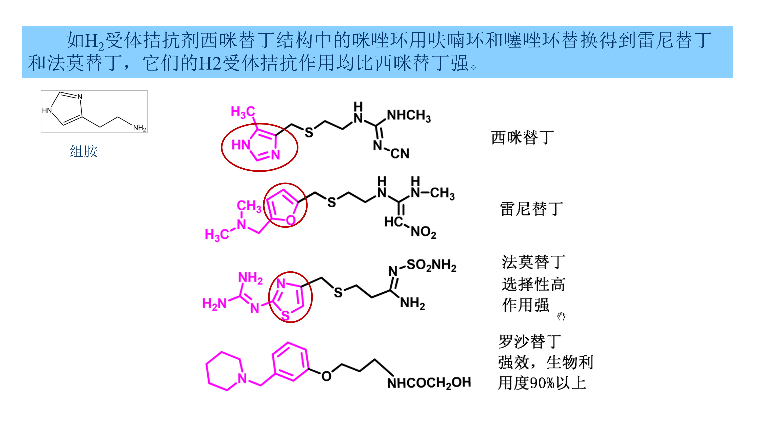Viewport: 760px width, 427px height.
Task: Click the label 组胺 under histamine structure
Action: point(84,151)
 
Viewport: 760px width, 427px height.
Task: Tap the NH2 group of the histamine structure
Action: point(139,128)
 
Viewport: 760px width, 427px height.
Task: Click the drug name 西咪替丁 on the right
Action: point(522,138)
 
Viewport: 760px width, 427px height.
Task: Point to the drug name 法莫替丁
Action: point(533,262)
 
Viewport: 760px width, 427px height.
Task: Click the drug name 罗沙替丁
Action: point(530,342)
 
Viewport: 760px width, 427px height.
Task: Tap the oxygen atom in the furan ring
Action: point(291,220)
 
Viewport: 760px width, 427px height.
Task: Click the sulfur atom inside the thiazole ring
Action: point(285,315)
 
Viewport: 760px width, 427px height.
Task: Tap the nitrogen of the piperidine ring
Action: point(242,378)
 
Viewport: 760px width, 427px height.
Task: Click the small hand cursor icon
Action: point(561,316)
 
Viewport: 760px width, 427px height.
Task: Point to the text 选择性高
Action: point(533,284)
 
